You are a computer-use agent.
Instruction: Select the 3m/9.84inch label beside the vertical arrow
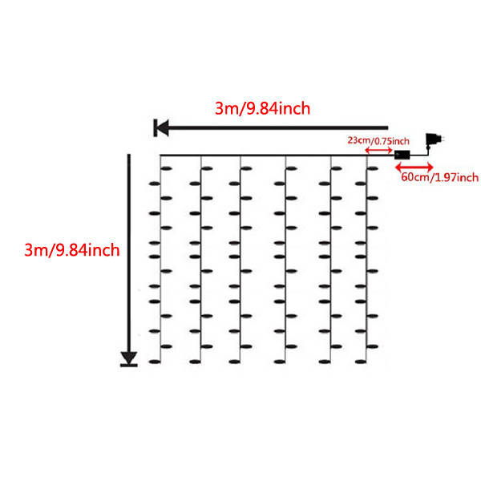(72, 250)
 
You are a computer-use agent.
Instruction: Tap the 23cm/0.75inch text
(378, 140)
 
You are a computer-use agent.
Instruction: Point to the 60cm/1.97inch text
(439, 176)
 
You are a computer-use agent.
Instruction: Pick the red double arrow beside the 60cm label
(414, 166)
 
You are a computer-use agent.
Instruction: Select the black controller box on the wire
(402, 153)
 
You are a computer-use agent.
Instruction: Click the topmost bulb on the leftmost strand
(167, 168)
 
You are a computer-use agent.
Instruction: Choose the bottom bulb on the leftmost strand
(155, 362)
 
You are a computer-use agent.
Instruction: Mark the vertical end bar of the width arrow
(153, 127)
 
